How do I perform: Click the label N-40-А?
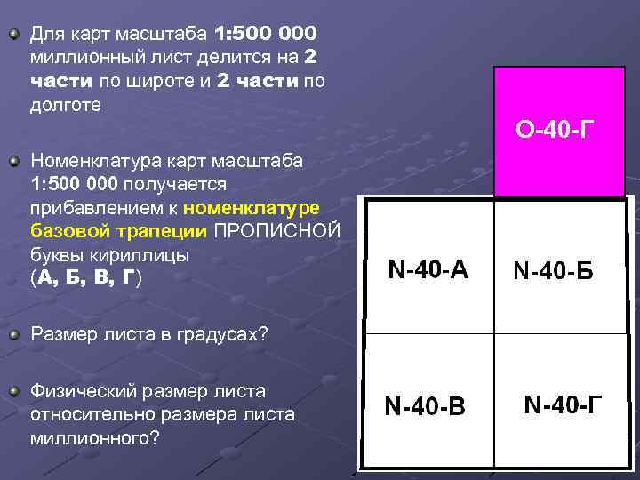428,269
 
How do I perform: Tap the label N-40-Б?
552,271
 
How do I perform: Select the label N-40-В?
424,407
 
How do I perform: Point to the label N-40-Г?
564,405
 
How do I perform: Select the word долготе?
65,104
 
